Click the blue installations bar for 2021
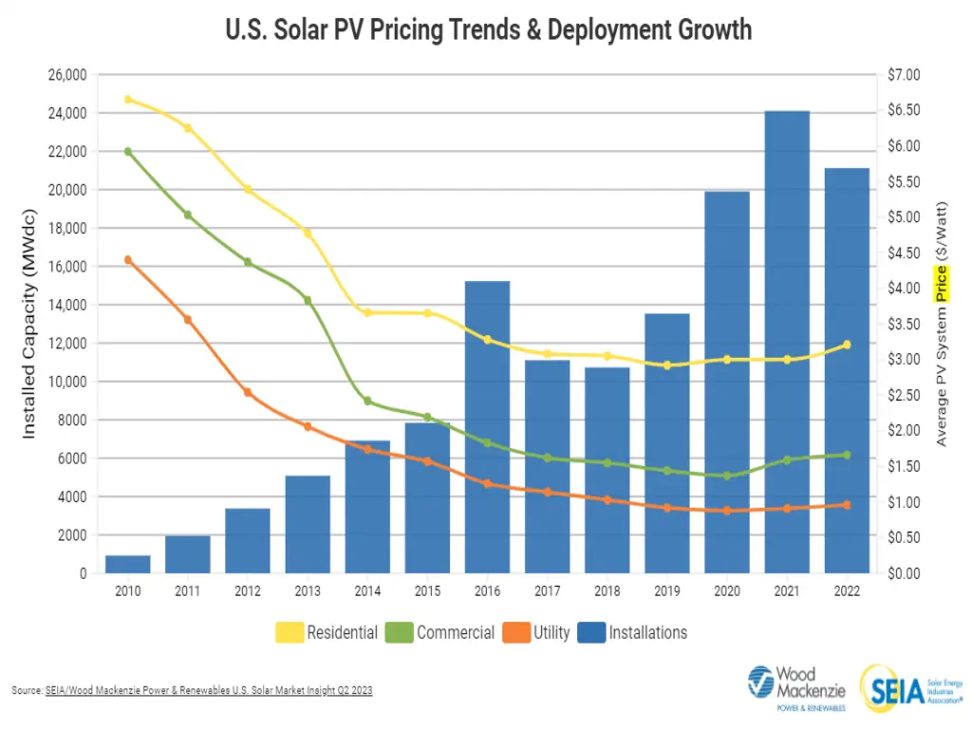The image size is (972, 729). (x=787, y=342)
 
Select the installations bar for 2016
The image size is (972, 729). (x=487, y=427)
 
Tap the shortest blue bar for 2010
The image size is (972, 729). (x=128, y=564)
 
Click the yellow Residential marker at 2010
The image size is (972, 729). (x=128, y=99)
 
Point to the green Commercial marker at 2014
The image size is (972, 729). (x=367, y=402)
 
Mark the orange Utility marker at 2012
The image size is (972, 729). (x=248, y=392)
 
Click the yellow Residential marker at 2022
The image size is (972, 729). (x=847, y=345)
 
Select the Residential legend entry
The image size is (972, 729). (x=327, y=632)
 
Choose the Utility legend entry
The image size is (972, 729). (x=536, y=632)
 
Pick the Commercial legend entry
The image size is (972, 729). (x=440, y=632)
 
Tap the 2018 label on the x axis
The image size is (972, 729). (x=607, y=590)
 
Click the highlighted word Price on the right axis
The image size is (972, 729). (x=941, y=283)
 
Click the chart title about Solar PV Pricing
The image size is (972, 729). (x=488, y=29)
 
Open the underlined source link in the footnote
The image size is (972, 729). (x=208, y=691)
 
